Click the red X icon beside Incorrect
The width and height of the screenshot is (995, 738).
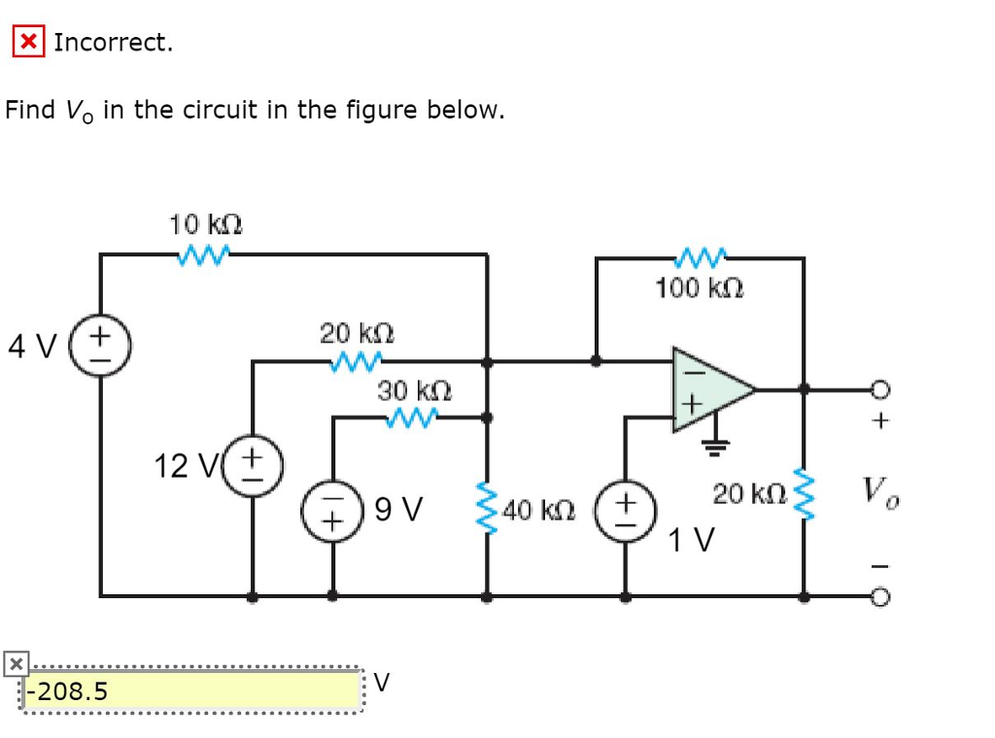[x=28, y=42]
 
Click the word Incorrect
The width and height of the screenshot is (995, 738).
[x=113, y=42]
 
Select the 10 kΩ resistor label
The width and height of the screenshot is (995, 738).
[x=205, y=224]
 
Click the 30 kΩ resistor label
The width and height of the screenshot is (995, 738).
[x=415, y=390]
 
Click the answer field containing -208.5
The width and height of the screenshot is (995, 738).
[x=191, y=690]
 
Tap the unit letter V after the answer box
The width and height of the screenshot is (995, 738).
[x=382, y=683]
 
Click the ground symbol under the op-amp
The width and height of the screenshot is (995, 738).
[x=715, y=447]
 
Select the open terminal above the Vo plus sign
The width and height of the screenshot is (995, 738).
[x=879, y=389]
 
